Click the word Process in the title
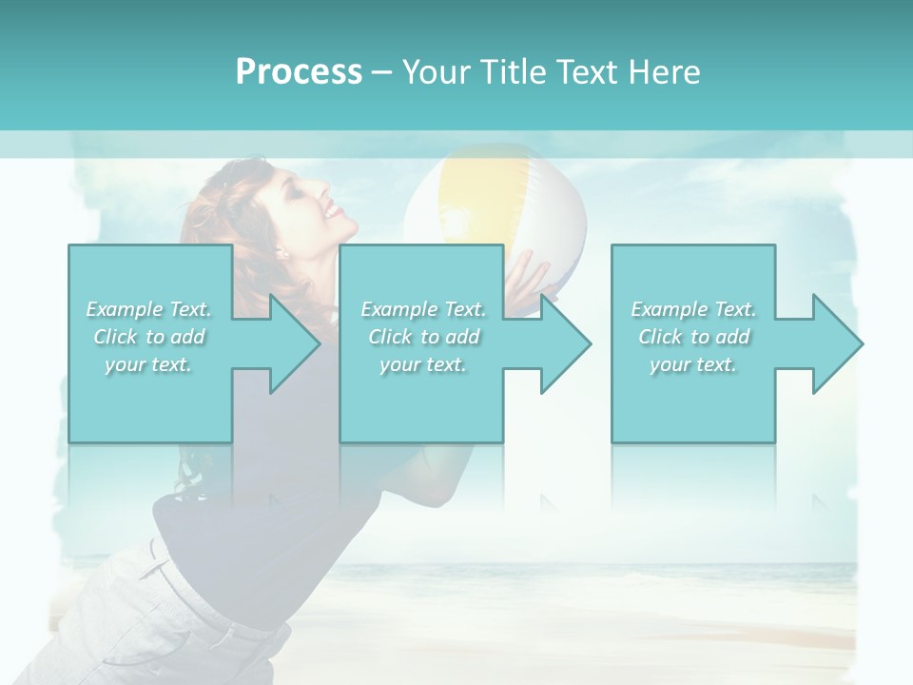(299, 72)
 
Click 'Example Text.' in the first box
(149, 309)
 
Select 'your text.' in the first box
(149, 364)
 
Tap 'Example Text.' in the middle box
(423, 309)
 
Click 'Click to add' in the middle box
(423, 337)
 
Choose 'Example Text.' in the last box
(693, 309)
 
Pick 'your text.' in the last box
(693, 364)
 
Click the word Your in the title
(434, 72)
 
